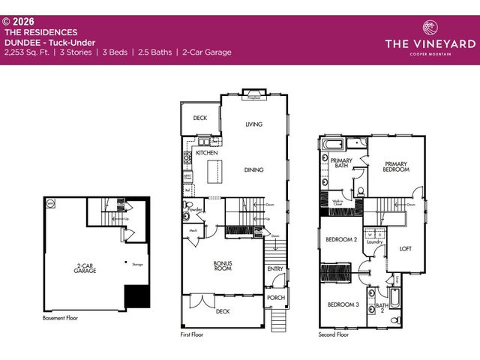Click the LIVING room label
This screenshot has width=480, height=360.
click(x=253, y=124)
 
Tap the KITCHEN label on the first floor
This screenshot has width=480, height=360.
click(x=207, y=152)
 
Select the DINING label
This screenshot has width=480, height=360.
click(x=253, y=170)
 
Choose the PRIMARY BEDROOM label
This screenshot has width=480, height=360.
click(x=396, y=166)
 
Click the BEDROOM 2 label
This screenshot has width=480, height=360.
click(x=340, y=240)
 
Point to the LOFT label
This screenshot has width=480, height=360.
click(x=405, y=249)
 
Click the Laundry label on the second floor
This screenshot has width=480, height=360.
click(x=374, y=242)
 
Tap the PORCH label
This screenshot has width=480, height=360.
click(x=275, y=298)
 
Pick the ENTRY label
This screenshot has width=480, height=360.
click(x=275, y=269)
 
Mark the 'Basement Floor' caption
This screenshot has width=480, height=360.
click(x=60, y=318)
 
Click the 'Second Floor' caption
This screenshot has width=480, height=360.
click(x=333, y=334)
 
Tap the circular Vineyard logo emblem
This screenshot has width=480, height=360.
click(x=428, y=28)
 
